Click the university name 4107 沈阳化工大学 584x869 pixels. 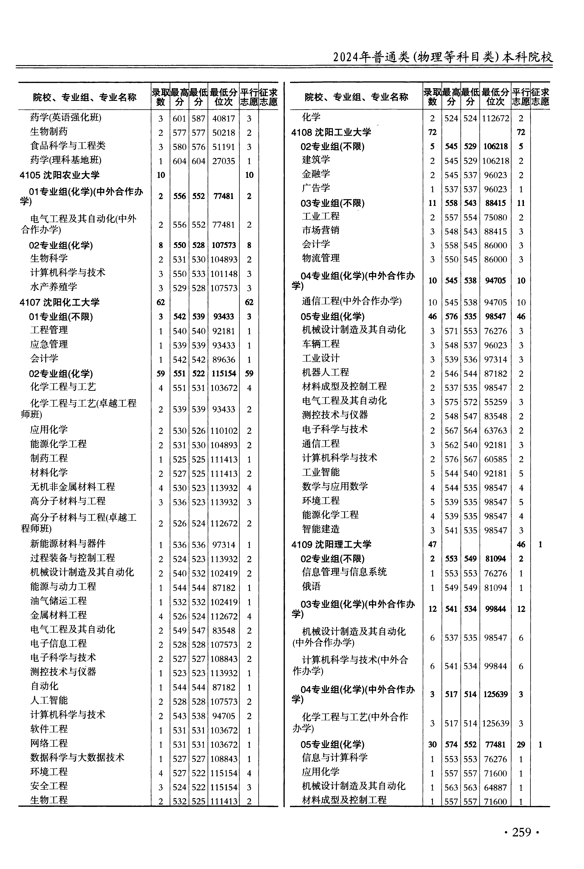click(x=60, y=302)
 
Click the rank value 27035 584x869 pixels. click(x=223, y=161)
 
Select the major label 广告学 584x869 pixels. click(x=316, y=188)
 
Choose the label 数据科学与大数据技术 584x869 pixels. click(x=77, y=758)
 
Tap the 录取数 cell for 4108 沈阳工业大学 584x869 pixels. click(x=432, y=132)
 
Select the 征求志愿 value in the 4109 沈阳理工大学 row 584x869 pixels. click(x=540, y=545)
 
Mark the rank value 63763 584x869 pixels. click(x=495, y=431)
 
